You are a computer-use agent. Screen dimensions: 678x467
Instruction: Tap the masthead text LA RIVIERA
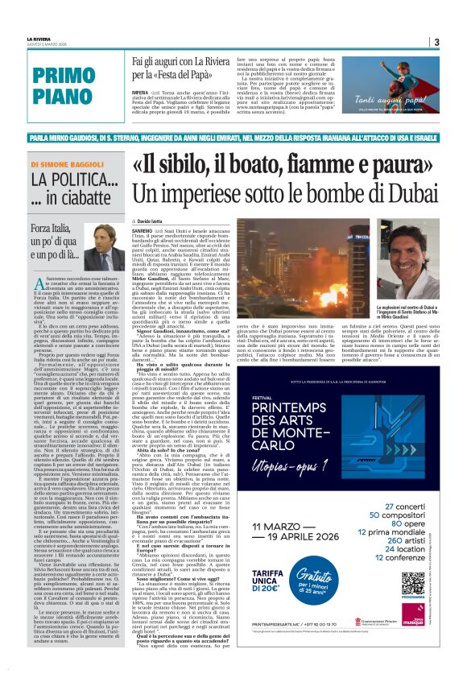click(x=39, y=38)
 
